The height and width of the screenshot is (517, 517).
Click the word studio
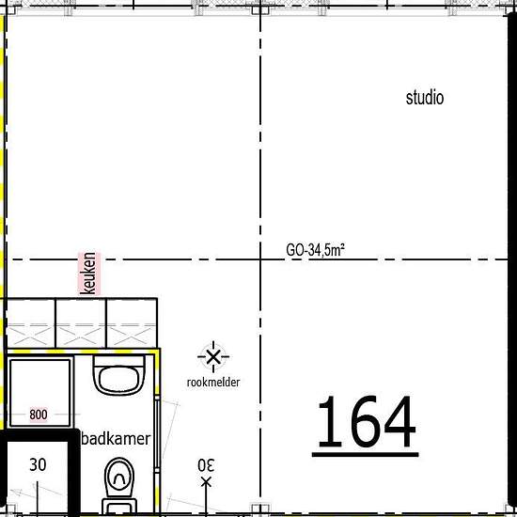pyautogui.click(x=425, y=99)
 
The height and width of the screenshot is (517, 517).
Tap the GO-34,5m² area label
pyautogui.click(x=316, y=250)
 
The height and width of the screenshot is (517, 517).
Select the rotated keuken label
pyautogui.click(x=89, y=274)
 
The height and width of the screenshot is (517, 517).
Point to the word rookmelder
pyautogui.click(x=213, y=383)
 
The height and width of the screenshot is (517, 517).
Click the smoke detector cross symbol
pyautogui.click(x=213, y=357)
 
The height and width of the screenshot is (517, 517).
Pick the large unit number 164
pyautogui.click(x=366, y=421)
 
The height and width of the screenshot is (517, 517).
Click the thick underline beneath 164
pyautogui.click(x=366, y=455)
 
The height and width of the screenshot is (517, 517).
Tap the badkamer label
pyautogui.click(x=116, y=439)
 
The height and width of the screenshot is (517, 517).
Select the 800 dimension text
pyautogui.click(x=39, y=415)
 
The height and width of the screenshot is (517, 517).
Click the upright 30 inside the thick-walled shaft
pyautogui.click(x=38, y=464)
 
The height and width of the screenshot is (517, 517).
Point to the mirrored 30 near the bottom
pyautogui.click(x=206, y=465)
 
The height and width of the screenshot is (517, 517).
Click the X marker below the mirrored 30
pyautogui.click(x=206, y=483)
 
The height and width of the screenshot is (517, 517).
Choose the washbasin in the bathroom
pyautogui.click(x=119, y=375)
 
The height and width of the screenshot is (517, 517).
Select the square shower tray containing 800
pyautogui.click(x=39, y=393)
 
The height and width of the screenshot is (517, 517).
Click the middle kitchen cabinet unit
pyautogui.click(x=81, y=323)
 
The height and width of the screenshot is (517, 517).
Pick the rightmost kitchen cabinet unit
pyautogui.click(x=132, y=323)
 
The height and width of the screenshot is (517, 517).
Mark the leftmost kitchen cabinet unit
pyautogui.click(x=31, y=323)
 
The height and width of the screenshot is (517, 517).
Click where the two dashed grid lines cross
pyautogui.click(x=260, y=259)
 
